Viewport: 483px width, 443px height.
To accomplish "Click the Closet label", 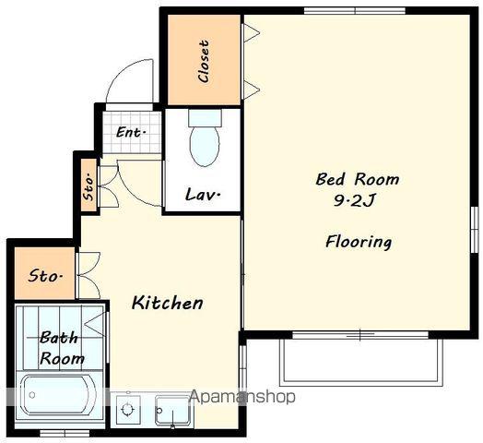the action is pyautogui.click(x=204, y=61).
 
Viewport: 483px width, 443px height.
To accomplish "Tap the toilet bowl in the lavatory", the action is pyautogui.click(x=205, y=145).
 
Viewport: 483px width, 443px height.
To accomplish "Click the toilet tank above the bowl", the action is pyautogui.click(x=205, y=117).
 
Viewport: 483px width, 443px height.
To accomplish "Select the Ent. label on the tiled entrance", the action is pyautogui.click(x=131, y=133).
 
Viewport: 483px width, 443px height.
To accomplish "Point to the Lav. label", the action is pyautogui.click(x=203, y=195).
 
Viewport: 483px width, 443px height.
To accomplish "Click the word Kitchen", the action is pyautogui.click(x=167, y=303).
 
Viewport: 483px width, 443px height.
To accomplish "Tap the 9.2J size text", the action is pyautogui.click(x=354, y=201).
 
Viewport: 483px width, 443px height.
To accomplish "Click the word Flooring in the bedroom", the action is pyautogui.click(x=359, y=242).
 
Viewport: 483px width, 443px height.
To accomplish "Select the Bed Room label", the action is pyautogui.click(x=358, y=179).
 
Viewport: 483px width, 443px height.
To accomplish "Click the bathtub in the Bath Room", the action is pyautogui.click(x=58, y=394).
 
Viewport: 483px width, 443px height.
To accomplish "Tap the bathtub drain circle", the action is pyautogui.click(x=31, y=395).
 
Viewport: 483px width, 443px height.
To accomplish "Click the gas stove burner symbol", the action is pyautogui.click(x=127, y=410).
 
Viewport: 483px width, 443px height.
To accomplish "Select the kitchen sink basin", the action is pyautogui.click(x=171, y=411).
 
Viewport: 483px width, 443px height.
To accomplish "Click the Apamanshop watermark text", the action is pyautogui.click(x=242, y=397).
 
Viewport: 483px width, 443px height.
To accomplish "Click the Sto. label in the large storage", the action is pyautogui.click(x=45, y=275).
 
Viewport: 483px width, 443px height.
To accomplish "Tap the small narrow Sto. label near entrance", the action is pyautogui.click(x=88, y=188).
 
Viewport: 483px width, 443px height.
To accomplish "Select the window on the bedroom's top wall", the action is pyautogui.click(x=355, y=11).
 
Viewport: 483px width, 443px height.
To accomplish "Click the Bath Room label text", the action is pyautogui.click(x=62, y=348).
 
